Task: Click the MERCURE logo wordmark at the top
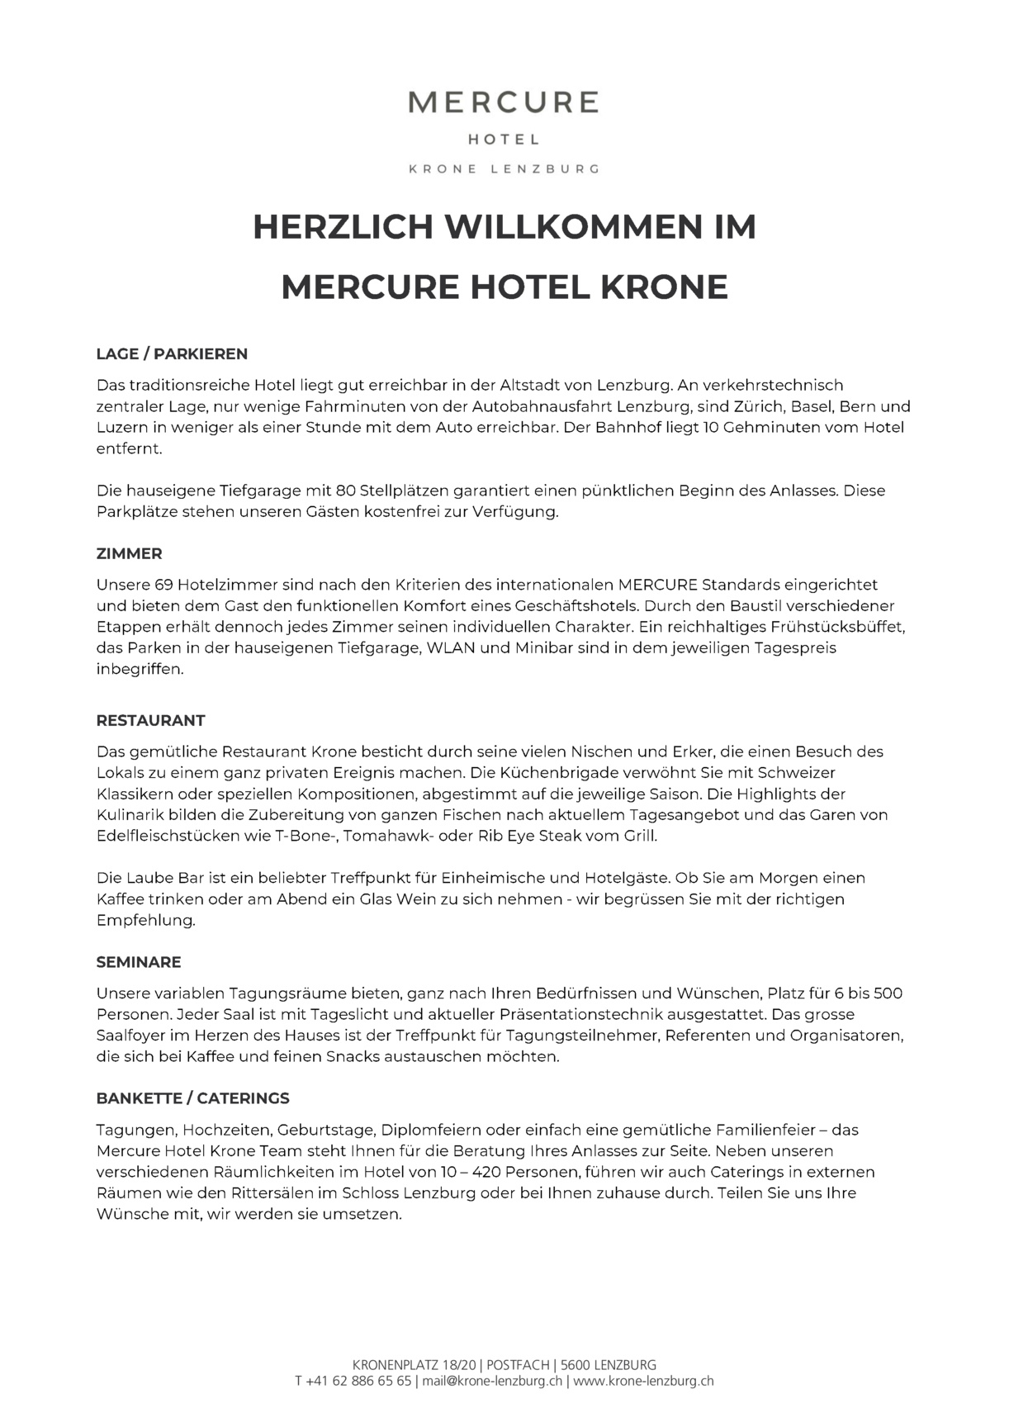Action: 504,102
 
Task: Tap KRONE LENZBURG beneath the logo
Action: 504,168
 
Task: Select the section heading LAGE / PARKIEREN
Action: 172,354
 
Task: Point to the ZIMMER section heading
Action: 129,553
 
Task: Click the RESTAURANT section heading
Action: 150,720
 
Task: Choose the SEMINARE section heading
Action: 138,962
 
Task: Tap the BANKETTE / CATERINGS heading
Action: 192,1098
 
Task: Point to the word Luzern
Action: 121,428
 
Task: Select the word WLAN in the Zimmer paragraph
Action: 450,648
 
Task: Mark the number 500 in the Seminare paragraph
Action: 888,993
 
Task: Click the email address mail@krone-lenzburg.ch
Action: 493,1381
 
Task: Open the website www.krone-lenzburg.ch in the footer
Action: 643,1381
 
